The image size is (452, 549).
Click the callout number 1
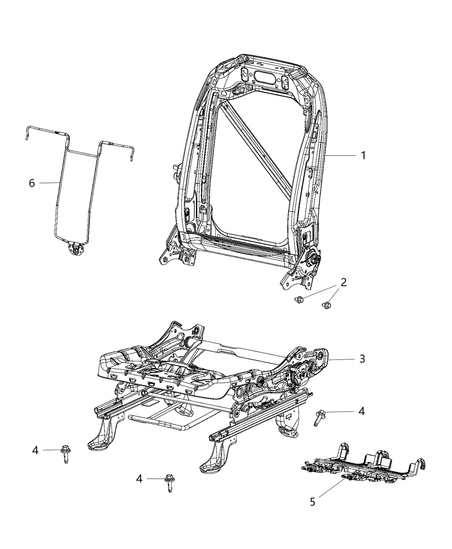[x=363, y=155]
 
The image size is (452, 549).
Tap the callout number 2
[x=344, y=282]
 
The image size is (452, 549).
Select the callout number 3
[x=362, y=358]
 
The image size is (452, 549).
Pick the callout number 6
[x=32, y=183]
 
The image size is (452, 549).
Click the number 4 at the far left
[x=35, y=450]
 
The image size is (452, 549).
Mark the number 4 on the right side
[x=362, y=411]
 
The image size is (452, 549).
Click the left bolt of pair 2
[x=299, y=299]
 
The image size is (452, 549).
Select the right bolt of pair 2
[x=326, y=306]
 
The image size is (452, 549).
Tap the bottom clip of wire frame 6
[x=76, y=248]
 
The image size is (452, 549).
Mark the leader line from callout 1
[x=340, y=155]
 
